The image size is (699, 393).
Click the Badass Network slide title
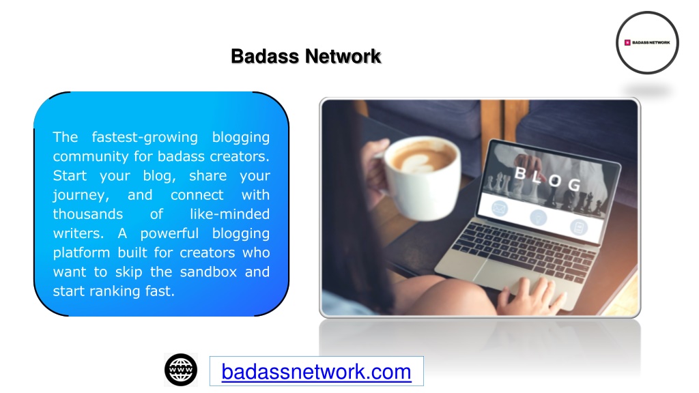pyautogui.click(x=306, y=57)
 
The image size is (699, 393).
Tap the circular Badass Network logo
pyautogui.click(x=647, y=43)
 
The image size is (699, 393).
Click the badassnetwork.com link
pyautogui.click(x=316, y=372)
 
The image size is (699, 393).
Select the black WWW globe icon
pyautogui.click(x=181, y=370)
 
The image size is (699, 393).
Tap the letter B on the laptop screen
pyautogui.click(x=520, y=173)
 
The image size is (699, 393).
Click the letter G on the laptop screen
pyautogui.click(x=575, y=184)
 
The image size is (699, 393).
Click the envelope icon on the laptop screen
pyautogui.click(x=499, y=208)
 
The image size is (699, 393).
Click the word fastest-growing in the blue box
pyautogui.click(x=145, y=138)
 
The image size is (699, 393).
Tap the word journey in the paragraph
pyautogui.click(x=79, y=196)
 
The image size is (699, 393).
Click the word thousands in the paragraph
pyautogui.click(x=88, y=214)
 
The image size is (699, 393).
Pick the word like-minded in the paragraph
pyautogui.click(x=229, y=214)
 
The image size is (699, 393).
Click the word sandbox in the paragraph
pyautogui.click(x=208, y=272)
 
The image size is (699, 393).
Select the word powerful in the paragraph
pyautogui.click(x=169, y=233)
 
